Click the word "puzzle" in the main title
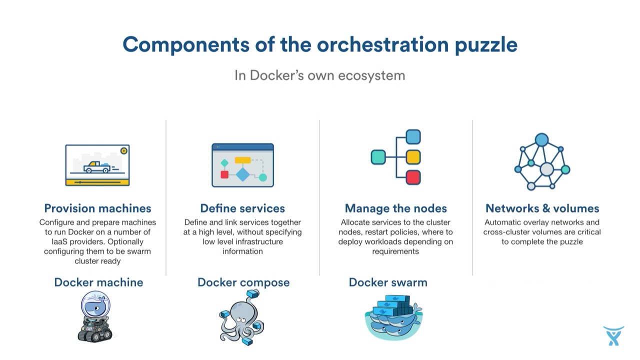click(485, 45)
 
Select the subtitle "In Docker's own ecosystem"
click(319, 75)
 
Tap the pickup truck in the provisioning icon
click(97, 167)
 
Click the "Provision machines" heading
click(97, 208)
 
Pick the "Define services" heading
click(242, 208)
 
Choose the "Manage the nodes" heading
click(395, 208)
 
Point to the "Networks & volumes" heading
click(542, 208)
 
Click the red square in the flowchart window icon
click(224, 174)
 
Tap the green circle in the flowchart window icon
click(262, 177)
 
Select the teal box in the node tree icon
click(378, 157)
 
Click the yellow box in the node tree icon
click(413, 157)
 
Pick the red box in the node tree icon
click(413, 177)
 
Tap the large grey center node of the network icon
click(547, 169)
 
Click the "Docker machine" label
click(98, 282)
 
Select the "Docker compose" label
click(243, 282)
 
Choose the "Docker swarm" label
click(388, 282)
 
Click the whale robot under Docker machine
click(95, 316)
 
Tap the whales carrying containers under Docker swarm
click(393, 317)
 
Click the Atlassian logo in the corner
click(613, 335)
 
